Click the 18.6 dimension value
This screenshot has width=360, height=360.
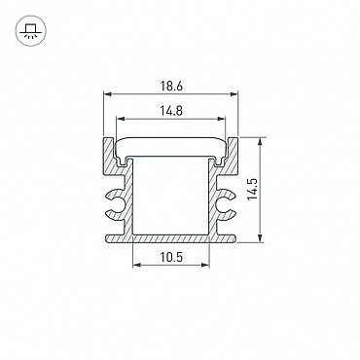171,87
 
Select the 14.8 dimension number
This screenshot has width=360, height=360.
171,111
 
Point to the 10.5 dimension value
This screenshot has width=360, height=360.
171,257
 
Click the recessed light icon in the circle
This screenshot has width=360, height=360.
31,30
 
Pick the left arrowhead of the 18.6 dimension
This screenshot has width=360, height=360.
108,94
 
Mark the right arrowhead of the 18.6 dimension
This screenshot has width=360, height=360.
234,94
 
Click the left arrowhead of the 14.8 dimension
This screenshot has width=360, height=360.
120,119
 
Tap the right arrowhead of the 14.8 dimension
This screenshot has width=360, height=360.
221,119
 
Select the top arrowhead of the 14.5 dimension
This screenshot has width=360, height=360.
260,142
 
